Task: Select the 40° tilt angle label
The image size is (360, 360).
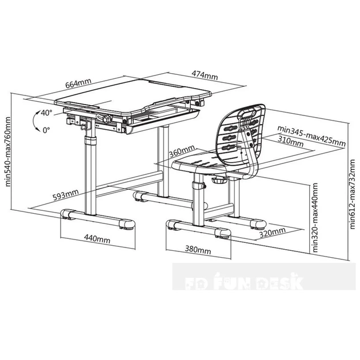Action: [x=46, y=112]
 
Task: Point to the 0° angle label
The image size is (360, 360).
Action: [x=46, y=130]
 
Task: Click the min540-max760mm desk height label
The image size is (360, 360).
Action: [x=7, y=151]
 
